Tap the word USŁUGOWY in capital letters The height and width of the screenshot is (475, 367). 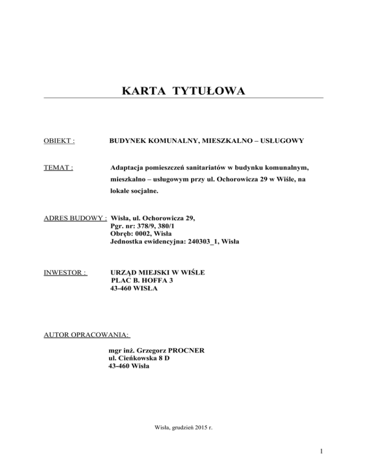click(279, 141)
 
